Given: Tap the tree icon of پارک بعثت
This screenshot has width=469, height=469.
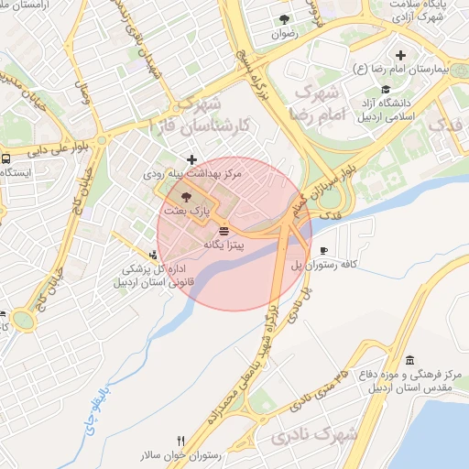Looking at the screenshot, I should [187, 196].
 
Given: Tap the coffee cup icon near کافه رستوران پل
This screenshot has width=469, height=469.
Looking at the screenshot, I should [322, 250].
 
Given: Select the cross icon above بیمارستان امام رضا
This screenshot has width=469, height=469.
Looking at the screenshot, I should [400, 56].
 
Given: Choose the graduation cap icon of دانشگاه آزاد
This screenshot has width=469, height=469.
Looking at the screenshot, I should [387, 90].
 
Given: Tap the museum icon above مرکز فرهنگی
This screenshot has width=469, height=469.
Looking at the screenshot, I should [409, 359].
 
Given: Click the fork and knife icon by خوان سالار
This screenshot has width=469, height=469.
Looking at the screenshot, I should [180, 441].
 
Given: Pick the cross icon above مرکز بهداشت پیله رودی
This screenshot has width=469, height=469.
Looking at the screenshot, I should [191, 159].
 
